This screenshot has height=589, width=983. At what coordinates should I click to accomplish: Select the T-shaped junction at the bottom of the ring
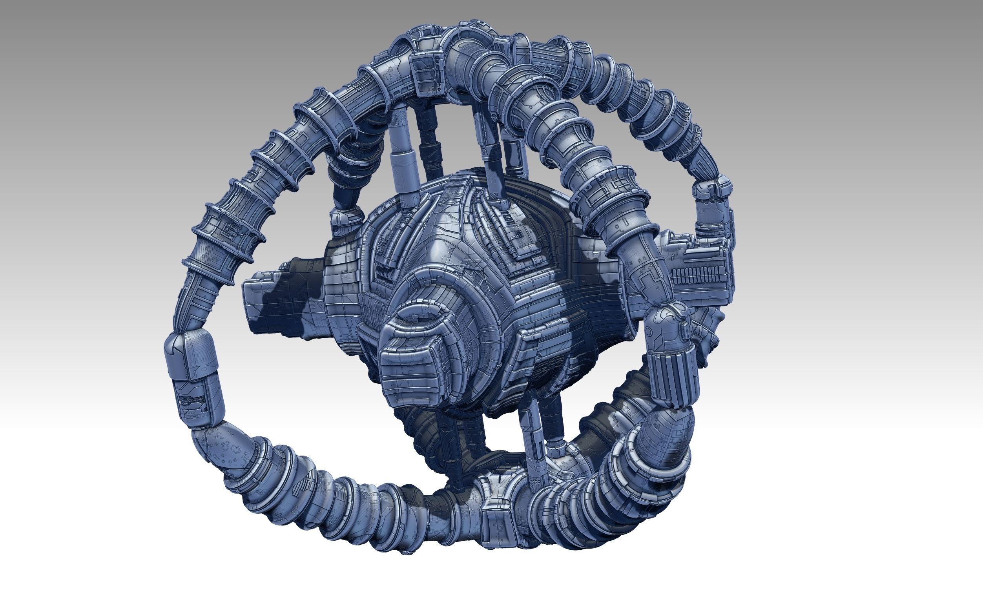click(x=496, y=504)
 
